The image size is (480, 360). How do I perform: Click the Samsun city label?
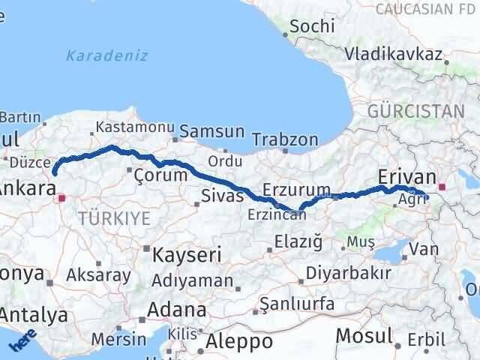212,131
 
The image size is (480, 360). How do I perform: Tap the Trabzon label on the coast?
285,139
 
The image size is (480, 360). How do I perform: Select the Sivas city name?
222,196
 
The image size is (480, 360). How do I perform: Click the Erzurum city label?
297,189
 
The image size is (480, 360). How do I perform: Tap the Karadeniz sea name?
106,55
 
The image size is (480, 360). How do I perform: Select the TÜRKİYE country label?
114,218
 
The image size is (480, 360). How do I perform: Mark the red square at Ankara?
62,199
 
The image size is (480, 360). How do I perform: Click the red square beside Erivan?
443,186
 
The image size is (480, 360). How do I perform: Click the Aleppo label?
236,341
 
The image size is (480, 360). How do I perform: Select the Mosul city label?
364,335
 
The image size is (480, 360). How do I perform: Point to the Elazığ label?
298,241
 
